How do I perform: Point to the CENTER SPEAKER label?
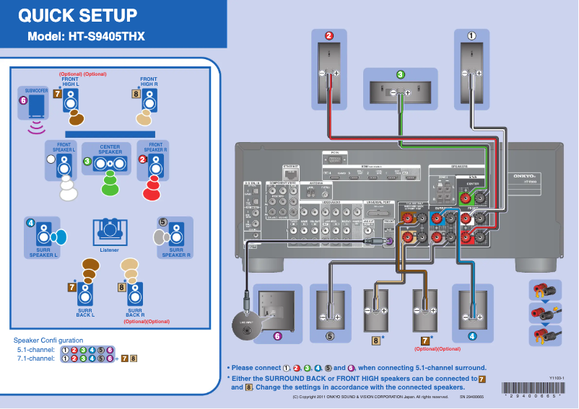tap(110, 149)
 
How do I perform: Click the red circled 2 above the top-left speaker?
tap(328, 35)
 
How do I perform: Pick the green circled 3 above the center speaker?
tap(401, 74)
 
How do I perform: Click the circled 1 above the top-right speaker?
tap(472, 35)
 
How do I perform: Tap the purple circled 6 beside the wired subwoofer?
tap(277, 335)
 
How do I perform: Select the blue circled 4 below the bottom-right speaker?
tap(472, 335)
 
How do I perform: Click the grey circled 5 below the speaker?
tap(329, 335)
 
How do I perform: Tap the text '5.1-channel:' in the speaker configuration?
tap(36, 349)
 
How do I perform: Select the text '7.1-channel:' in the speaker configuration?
tap(36, 358)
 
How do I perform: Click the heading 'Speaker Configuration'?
tap(48, 340)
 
